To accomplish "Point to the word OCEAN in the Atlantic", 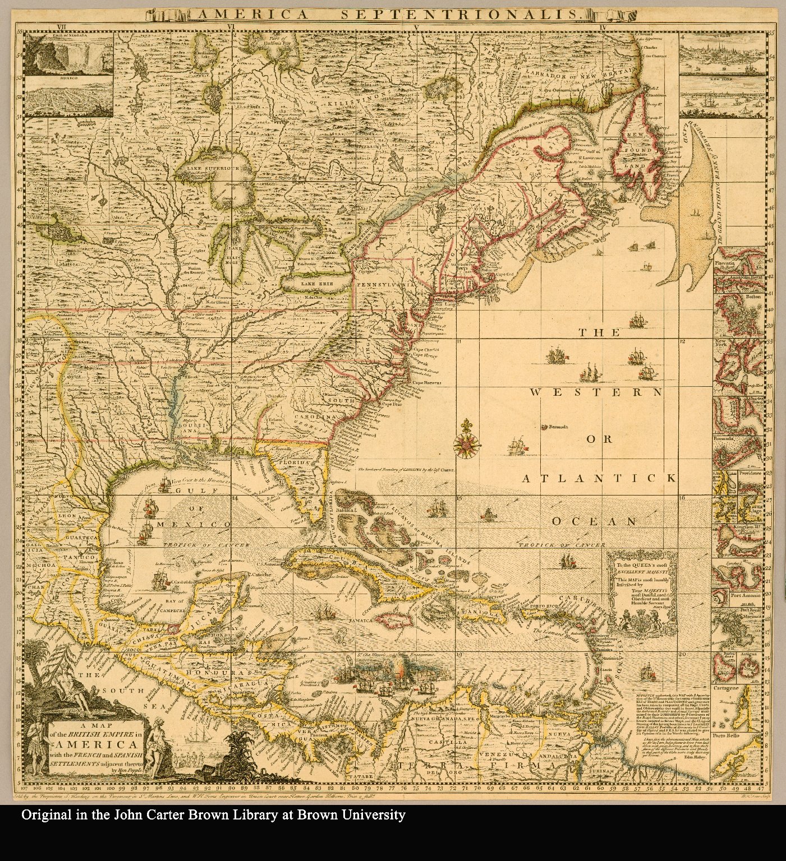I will tap(594, 522).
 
